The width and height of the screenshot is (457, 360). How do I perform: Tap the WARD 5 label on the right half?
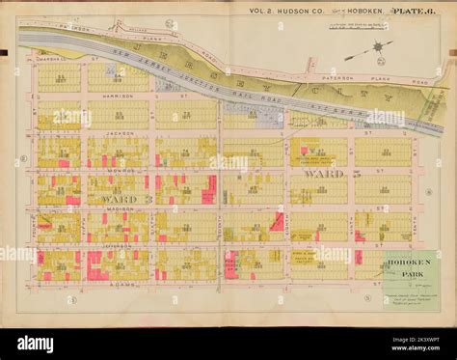328,175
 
